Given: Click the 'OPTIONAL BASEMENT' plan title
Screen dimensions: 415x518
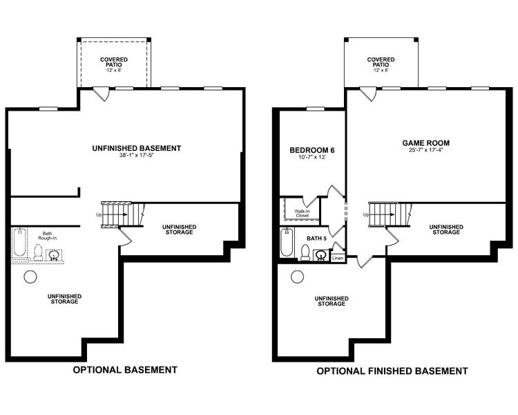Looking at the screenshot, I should point(125,370).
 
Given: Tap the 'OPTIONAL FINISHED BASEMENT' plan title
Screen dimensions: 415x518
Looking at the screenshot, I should point(392,371).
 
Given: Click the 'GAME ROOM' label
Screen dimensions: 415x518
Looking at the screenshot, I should point(421,143).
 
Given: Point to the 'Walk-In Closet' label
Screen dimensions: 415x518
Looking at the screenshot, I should point(303,213).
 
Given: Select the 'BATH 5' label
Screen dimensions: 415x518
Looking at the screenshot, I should point(316,238).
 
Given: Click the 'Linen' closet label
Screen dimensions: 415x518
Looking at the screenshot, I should point(338,258).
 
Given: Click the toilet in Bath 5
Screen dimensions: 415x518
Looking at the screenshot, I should point(305,255).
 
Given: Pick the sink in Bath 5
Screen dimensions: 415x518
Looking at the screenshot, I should point(320,255).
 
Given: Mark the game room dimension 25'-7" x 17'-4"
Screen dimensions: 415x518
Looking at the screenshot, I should point(421,151).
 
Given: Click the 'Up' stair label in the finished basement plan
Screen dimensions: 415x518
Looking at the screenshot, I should point(365,214).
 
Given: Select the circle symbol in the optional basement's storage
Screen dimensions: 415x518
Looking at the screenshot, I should point(30,276).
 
